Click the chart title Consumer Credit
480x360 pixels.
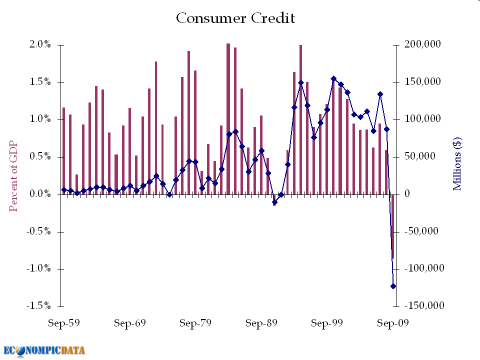click(235, 18)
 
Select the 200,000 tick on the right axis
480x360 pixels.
click(422, 45)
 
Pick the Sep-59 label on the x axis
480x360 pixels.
click(63, 323)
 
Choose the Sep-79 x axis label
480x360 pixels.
click(195, 323)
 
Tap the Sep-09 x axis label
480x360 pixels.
click(392, 323)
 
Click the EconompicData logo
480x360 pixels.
click(44, 350)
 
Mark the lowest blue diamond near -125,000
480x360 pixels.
click(393, 286)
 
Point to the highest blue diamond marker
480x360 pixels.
click(333, 78)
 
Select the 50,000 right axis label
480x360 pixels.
click(420, 157)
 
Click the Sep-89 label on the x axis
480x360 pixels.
click(261, 323)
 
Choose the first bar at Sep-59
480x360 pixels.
click(63, 150)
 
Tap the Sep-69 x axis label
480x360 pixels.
click(129, 323)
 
